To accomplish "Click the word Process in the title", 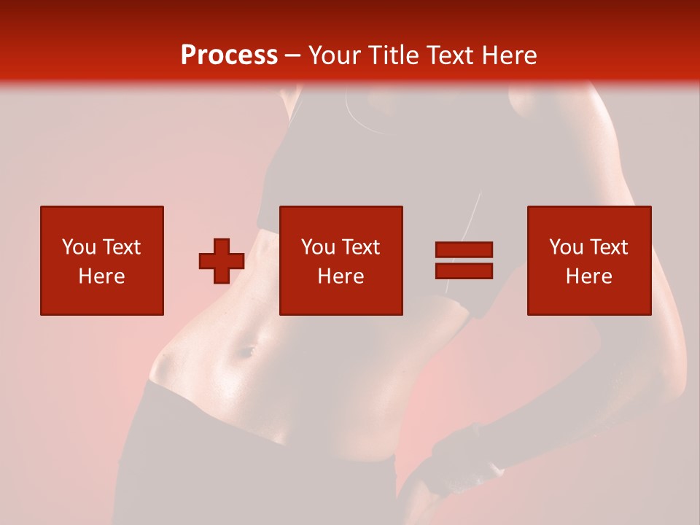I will pos(229,55).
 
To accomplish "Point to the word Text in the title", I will pos(451,55).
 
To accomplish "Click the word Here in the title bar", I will pos(510,55).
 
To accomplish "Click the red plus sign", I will pos(222,261).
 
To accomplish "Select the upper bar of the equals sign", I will pos(464,250).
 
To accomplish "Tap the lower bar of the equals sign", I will pos(464,271).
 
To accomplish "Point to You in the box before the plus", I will pos(79,247).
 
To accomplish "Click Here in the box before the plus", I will pos(102,276).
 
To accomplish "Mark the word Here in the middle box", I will pos(341,276).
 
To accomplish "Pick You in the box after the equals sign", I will pos(566,247).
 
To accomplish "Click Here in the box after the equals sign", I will pos(589,276).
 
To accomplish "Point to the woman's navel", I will pos(246,352).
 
